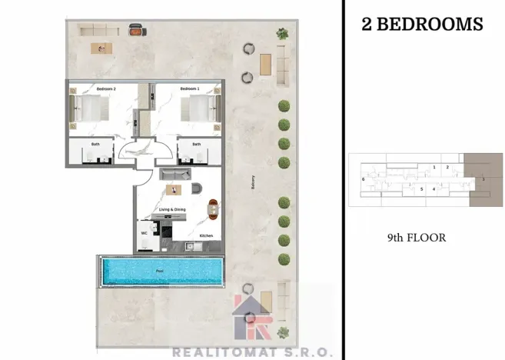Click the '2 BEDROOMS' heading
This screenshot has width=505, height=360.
[x=422, y=24]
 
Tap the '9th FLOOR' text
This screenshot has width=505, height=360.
[x=416, y=238]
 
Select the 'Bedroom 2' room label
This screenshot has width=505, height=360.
[x=105, y=89]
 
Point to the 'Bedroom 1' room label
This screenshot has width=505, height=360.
[x=189, y=89]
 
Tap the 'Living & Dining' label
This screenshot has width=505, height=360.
[x=173, y=209]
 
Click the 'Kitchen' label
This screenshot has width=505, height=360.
[x=206, y=235]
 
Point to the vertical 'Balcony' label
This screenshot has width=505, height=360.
[x=252, y=183]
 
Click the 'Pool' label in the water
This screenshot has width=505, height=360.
[x=159, y=271]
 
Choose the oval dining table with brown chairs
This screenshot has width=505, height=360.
[x=212, y=208]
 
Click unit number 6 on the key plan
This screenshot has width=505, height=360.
[x=362, y=179]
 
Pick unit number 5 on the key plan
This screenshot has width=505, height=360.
[x=420, y=188]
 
